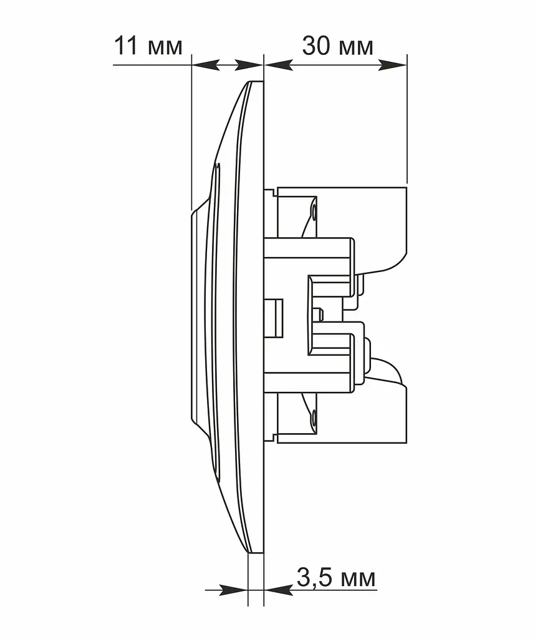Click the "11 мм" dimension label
click(x=148, y=46)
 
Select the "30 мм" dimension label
click(x=337, y=46)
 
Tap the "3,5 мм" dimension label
click(x=336, y=577)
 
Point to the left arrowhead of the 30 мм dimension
click(x=279, y=65)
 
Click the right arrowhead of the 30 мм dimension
click(x=392, y=65)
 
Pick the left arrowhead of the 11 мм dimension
click(x=206, y=65)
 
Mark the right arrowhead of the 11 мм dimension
click(x=249, y=65)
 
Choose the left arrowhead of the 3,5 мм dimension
click(x=234, y=590)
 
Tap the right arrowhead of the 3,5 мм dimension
click(x=279, y=590)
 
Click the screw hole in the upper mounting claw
click(x=314, y=213)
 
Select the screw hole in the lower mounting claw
click(x=314, y=417)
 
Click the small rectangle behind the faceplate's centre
click(x=274, y=318)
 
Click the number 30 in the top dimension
click(x=316, y=46)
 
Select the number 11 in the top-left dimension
click(x=127, y=46)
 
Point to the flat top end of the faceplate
click(x=256, y=82)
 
